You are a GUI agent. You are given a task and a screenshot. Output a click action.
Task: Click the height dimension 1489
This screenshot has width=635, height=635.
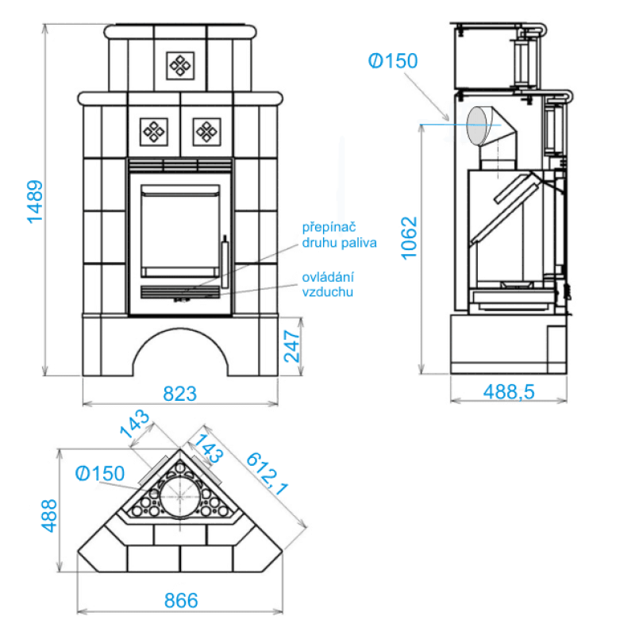pyautogui.click(x=36, y=201)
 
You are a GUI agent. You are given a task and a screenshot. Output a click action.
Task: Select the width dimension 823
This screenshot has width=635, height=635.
pyautogui.click(x=179, y=392)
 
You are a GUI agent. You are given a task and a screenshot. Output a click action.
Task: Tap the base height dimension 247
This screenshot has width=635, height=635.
pyautogui.click(x=291, y=346)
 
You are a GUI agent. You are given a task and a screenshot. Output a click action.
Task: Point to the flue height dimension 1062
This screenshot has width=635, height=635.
pyautogui.click(x=408, y=238)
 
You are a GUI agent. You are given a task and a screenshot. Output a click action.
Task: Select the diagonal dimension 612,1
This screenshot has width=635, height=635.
pyautogui.click(x=266, y=474)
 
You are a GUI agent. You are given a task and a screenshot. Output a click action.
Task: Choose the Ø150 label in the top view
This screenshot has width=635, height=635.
pyautogui.click(x=100, y=474)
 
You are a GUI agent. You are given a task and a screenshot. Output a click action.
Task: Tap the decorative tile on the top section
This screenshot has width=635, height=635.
pyautogui.click(x=179, y=64)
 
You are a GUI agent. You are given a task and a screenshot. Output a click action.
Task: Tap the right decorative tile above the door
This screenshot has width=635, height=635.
pyautogui.click(x=206, y=130)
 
